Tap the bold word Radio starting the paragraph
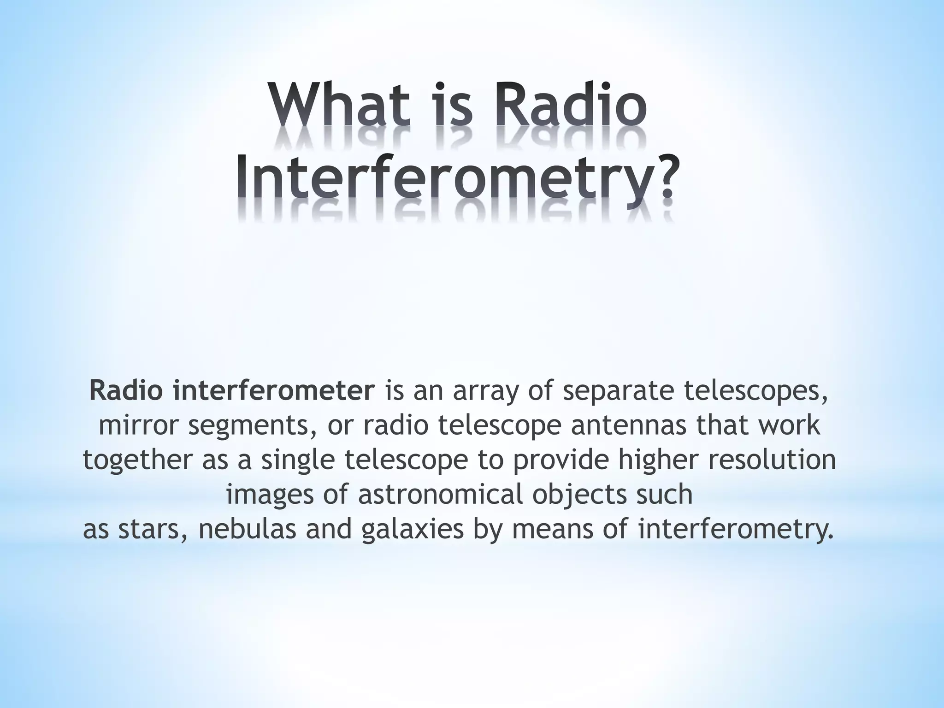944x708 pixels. point(126,390)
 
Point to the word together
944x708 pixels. point(138,461)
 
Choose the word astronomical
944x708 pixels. point(441,494)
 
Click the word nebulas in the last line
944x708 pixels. point(247,529)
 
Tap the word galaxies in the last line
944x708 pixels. point(412,529)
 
